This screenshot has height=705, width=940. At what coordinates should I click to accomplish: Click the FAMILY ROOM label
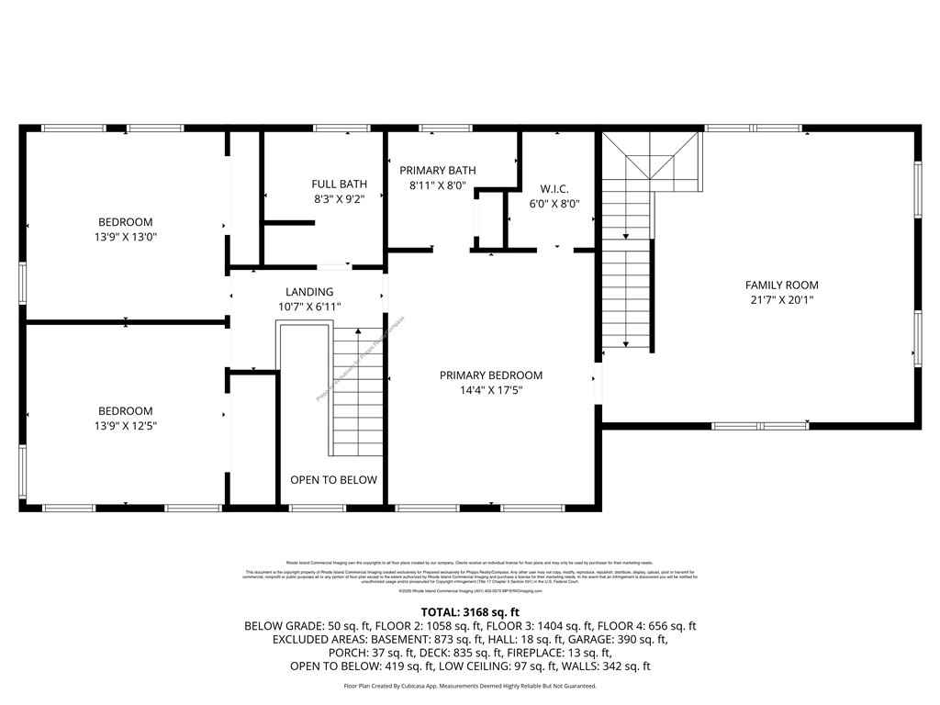(781, 285)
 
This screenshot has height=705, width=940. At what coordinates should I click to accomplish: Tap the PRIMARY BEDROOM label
(490, 375)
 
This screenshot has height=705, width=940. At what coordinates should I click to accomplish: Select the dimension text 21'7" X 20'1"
(781, 299)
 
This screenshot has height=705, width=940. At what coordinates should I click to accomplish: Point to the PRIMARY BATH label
(437, 170)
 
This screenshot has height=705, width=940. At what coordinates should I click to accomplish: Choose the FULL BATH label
(339, 184)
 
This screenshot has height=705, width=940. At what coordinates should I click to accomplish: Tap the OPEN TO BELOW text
(333, 479)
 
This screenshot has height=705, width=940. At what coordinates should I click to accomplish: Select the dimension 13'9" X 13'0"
(126, 237)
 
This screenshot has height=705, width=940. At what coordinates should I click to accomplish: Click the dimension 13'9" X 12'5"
(126, 425)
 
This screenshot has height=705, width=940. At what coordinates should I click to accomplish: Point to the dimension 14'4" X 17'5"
(490, 389)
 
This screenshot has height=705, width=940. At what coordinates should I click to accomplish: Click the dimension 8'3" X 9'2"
(339, 198)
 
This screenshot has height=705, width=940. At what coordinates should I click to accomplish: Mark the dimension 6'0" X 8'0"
(554, 204)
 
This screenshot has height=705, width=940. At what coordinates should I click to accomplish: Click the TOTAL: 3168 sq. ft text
(470, 611)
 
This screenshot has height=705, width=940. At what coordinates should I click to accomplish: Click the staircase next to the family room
(627, 275)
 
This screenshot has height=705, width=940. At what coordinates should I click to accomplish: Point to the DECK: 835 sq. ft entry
(439, 653)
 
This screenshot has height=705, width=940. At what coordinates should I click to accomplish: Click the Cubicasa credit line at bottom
(470, 686)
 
